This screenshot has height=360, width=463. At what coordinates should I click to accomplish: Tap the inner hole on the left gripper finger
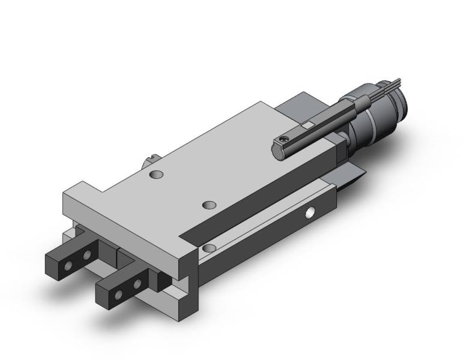click(x=86, y=255)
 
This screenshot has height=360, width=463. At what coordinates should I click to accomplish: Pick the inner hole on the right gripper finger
click(x=138, y=282)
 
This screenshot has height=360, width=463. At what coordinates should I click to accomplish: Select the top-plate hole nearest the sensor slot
click(x=208, y=205)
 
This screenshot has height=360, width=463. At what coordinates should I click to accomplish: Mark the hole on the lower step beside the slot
click(x=208, y=247)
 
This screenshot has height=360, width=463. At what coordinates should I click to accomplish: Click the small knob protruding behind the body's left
click(x=149, y=162)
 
